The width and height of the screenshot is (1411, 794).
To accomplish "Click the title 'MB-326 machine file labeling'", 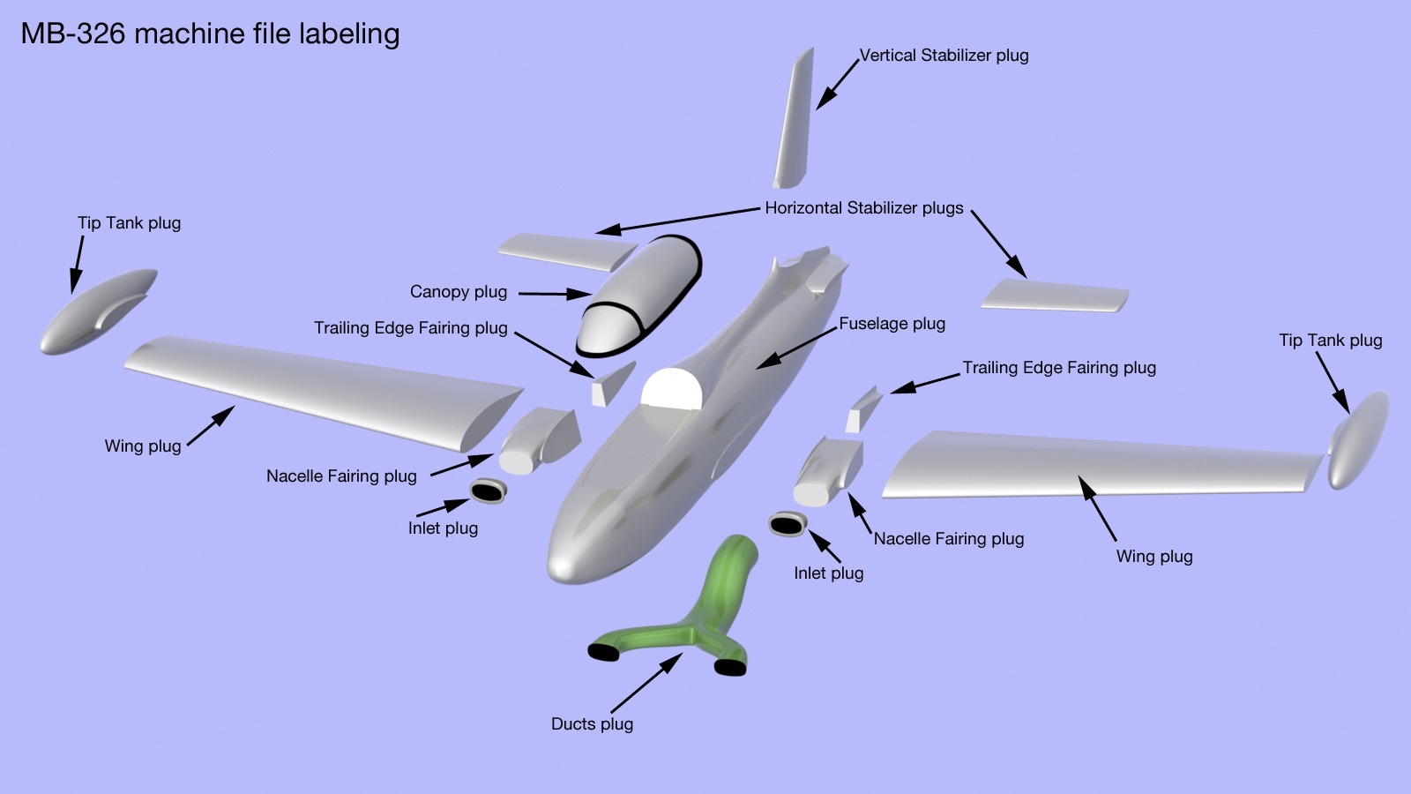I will pyautogui.click(x=210, y=34).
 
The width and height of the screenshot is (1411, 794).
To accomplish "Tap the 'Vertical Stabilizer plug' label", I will pyautogui.click(x=944, y=56).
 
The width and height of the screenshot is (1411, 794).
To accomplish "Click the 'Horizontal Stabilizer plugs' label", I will pyautogui.click(x=863, y=208).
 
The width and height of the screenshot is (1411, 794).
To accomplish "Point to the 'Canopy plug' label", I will pyautogui.click(x=459, y=292).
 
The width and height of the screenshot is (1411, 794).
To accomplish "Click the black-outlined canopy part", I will pyautogui.click(x=639, y=296).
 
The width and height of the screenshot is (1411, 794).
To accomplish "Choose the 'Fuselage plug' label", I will pyautogui.click(x=892, y=324).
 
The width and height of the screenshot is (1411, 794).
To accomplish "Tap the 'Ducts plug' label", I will pyautogui.click(x=592, y=724).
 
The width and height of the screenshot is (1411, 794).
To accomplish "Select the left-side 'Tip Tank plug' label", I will pyautogui.click(x=129, y=223).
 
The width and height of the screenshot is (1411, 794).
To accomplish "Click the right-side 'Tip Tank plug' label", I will pyautogui.click(x=1330, y=341).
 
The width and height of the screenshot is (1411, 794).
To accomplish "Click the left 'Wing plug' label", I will pyautogui.click(x=143, y=446).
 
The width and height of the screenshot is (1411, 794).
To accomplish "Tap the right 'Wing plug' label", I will pyautogui.click(x=1153, y=557).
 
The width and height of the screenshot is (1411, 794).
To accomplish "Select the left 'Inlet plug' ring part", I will pyautogui.click(x=487, y=491).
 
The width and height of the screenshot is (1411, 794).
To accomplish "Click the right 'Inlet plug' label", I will pyautogui.click(x=828, y=573).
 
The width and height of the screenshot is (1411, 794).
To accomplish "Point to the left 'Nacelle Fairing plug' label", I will pyautogui.click(x=341, y=476).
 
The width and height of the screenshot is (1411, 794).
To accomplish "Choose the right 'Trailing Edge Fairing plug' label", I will pyautogui.click(x=1058, y=368).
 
